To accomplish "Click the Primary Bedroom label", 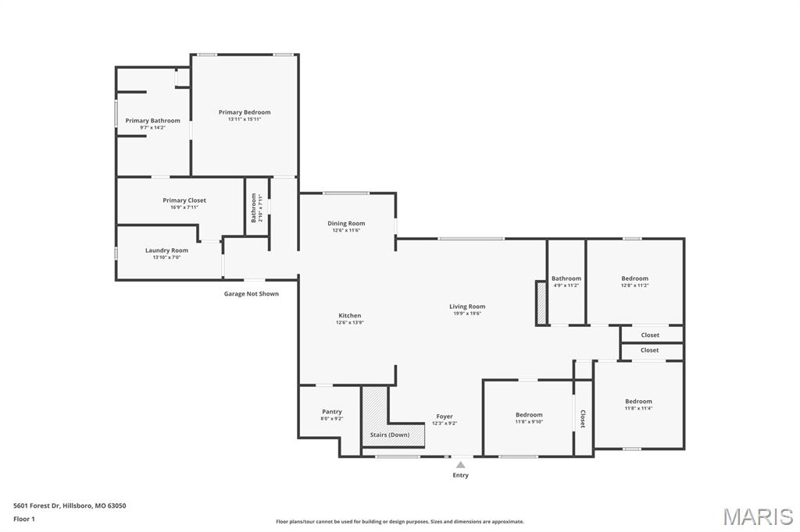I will click(245, 112).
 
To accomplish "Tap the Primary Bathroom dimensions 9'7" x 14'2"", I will click(152, 127).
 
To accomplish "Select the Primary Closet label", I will click(184, 200).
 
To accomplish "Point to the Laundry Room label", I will click(166, 250).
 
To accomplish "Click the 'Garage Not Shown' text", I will click(251, 294).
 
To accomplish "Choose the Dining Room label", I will click(346, 224).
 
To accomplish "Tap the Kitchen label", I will click(349, 316).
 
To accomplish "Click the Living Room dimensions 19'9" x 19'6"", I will click(467, 314).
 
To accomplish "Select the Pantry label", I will click(332, 412).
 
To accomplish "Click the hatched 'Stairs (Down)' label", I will click(390, 434).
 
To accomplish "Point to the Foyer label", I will click(445, 417).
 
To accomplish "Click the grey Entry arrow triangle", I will click(461, 465).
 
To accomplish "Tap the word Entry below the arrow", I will click(461, 475).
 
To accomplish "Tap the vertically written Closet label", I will click(583, 419).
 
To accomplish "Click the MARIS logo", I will click(758, 516).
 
